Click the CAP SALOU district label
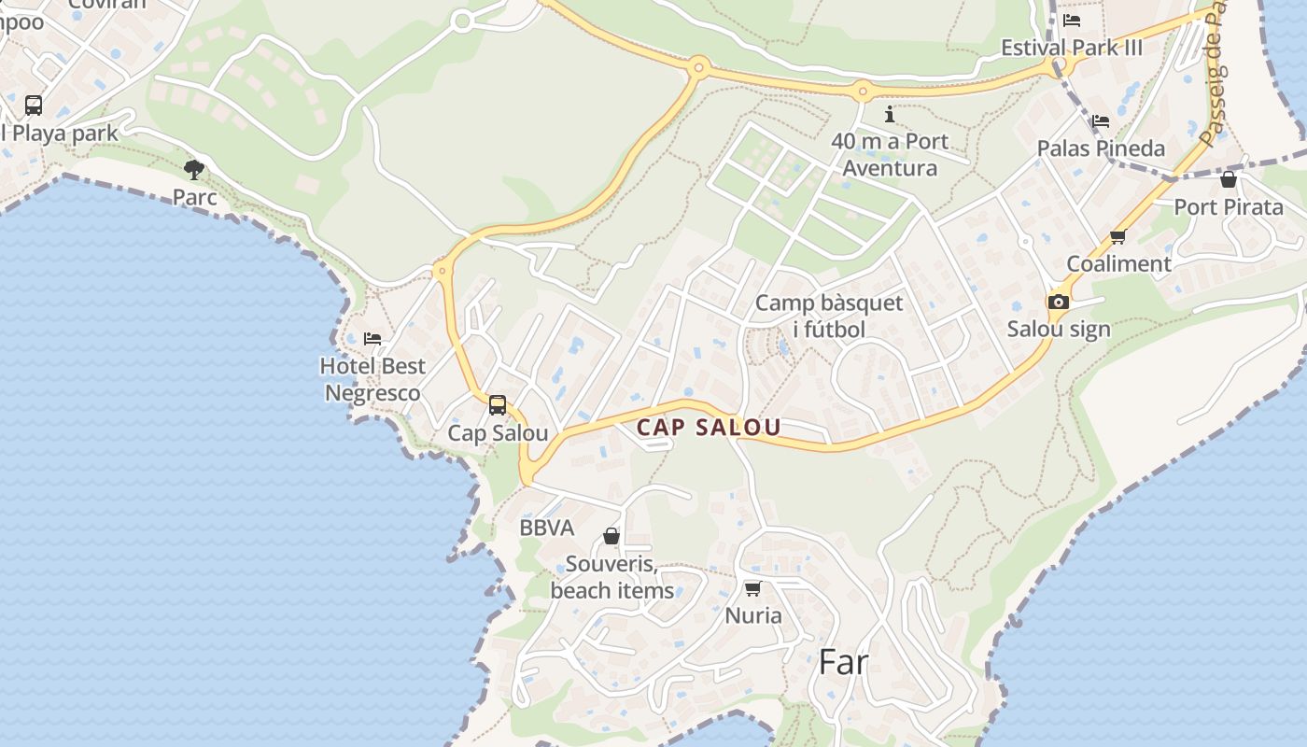pyautogui.click(x=709, y=428)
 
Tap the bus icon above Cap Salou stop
pyautogui.click(x=498, y=405)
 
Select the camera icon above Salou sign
pyautogui.click(x=1058, y=302)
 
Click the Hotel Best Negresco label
pyautogui.click(x=372, y=379)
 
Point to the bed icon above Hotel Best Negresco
pyautogui.click(x=372, y=338)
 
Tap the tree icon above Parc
pyautogui.click(x=194, y=170)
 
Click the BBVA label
pyautogui.click(x=547, y=528)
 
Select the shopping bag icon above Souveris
pyautogui.click(x=611, y=536)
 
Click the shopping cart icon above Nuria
pyautogui.click(x=753, y=588)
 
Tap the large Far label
pyautogui.click(x=843, y=662)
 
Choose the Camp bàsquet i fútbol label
pyautogui.click(x=829, y=316)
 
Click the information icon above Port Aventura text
pyautogui.click(x=890, y=114)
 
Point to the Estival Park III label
pyautogui.click(x=1072, y=48)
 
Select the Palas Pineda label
pyautogui.click(x=1102, y=148)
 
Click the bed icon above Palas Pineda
pyautogui.click(x=1101, y=120)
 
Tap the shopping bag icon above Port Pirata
pyautogui.click(x=1229, y=179)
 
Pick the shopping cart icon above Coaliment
pyautogui.click(x=1118, y=236)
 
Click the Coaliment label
pyautogui.click(x=1118, y=263)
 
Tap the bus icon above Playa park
pyautogui.click(x=34, y=105)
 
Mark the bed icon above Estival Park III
pyautogui.click(x=1072, y=20)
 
